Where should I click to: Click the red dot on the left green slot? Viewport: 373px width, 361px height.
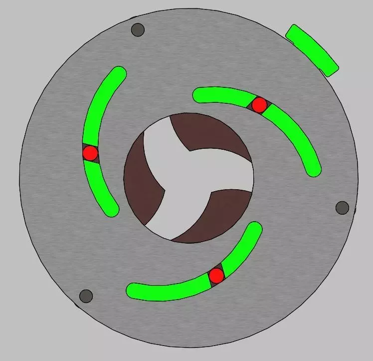(90, 153)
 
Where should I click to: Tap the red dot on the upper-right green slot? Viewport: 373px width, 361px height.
(259, 105)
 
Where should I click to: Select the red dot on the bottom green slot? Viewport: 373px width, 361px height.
(216, 275)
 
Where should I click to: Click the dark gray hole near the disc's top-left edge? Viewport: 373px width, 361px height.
(138, 29)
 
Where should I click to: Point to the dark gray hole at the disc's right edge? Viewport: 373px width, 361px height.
(342, 207)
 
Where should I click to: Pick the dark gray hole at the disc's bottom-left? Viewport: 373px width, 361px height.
(86, 296)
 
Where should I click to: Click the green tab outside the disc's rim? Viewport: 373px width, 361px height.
(313, 50)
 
